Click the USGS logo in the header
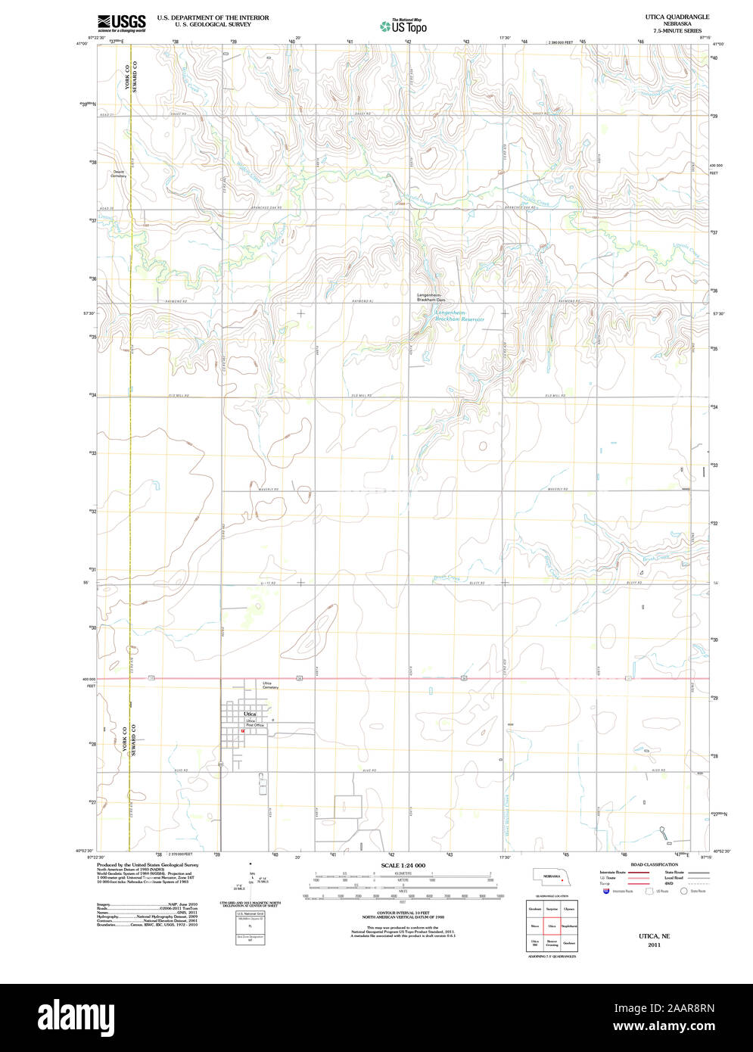tap(121, 22)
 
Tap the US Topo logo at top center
tap(403, 26)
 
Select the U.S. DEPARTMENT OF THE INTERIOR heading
tap(213, 17)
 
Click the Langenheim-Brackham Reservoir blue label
tap(459, 316)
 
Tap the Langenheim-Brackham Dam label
tap(432, 297)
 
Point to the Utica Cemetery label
tap(271, 686)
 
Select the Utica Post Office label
tap(254, 723)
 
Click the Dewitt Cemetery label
tap(120, 174)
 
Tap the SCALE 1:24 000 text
tap(403, 865)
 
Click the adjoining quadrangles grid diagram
tap(552, 926)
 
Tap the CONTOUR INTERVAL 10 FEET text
tap(403, 910)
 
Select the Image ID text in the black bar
tap(680, 1007)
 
